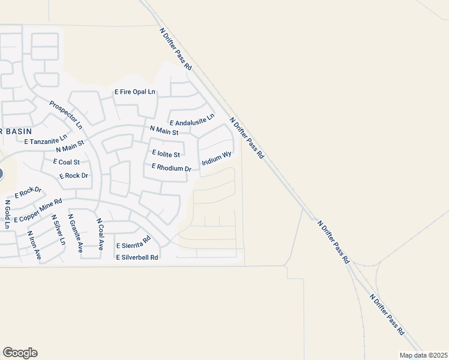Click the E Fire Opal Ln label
pos(135,92)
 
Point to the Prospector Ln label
pos(66,114)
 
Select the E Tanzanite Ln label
pos(46,140)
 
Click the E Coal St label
pos(67,162)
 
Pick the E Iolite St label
pos(166,154)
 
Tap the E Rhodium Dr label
pos(171,167)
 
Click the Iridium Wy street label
pos(217,158)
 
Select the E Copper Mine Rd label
pos(38,210)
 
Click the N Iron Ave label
pos(34,245)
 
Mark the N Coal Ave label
pos(101,234)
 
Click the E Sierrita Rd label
pos(133,245)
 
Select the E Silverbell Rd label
pos(137,257)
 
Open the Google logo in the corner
pos(20,353)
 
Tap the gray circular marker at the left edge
pos(1,175)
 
